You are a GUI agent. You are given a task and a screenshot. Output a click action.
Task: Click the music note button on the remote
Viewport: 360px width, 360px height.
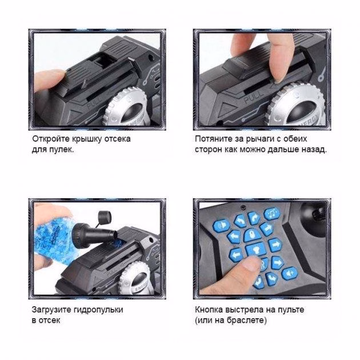[272, 214]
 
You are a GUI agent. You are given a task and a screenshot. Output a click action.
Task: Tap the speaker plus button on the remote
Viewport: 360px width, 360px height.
[290, 273]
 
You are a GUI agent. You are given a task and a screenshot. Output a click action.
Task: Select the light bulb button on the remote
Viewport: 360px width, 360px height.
[256, 249]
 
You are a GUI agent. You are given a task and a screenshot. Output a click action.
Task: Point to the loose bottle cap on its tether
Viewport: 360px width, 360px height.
[105, 217]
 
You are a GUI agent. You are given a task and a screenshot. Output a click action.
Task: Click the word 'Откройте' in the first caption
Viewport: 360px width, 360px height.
[51, 139]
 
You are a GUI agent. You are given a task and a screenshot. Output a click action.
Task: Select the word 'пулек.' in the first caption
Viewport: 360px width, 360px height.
[62, 150]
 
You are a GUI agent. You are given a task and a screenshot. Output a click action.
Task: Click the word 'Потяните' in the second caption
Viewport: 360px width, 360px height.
[214, 139]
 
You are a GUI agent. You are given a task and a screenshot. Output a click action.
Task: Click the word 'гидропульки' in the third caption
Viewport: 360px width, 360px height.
[98, 310]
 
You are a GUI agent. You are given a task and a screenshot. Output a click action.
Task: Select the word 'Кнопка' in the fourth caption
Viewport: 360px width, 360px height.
[209, 310]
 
